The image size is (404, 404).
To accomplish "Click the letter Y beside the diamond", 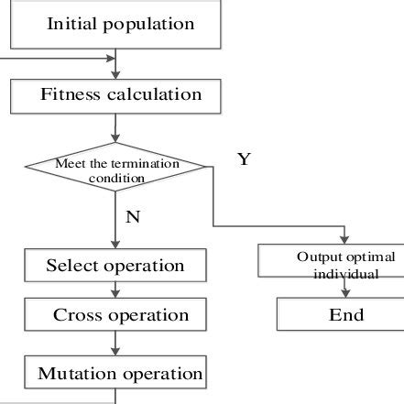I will click(x=244, y=159).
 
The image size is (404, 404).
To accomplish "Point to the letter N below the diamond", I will click(x=132, y=219).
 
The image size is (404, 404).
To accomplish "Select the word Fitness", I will click(x=71, y=94).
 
